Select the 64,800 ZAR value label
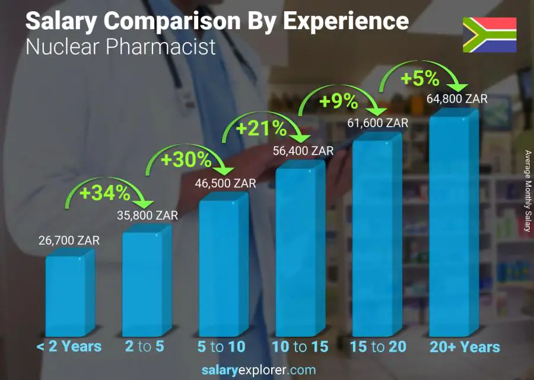[x=457, y=99]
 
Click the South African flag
[x=490, y=35]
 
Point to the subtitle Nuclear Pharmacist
[x=121, y=47]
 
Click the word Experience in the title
[x=345, y=21]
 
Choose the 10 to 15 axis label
[x=300, y=347]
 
